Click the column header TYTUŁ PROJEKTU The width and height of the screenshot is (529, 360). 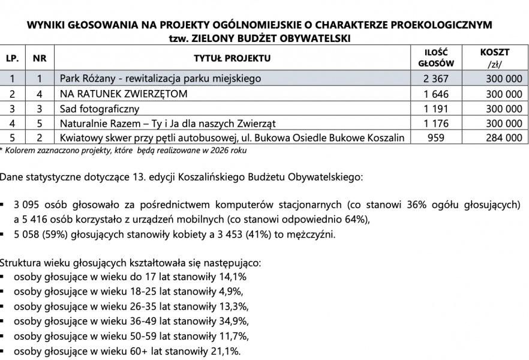(x=232, y=58)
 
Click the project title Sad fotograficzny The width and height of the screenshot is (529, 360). (x=100, y=109)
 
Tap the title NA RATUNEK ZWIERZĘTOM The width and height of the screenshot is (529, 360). (x=124, y=94)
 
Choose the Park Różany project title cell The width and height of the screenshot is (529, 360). (x=161, y=79)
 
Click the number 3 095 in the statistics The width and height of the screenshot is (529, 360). (x=28, y=205)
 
